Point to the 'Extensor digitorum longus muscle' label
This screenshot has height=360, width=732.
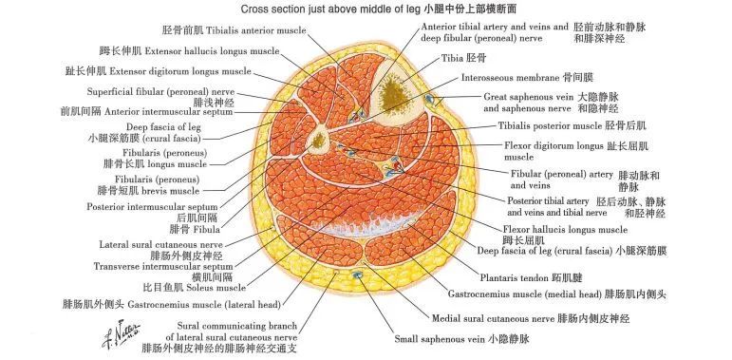[179, 71]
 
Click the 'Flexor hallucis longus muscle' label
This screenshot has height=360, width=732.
[564, 230]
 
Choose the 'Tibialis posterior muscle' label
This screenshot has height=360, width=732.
[550, 124]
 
